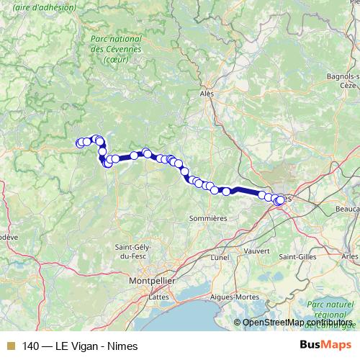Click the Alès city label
pos(207,94)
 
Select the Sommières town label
pos(208,217)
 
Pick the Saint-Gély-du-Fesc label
pos(132,252)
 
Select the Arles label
pos(351,256)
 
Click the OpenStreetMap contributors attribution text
pos(298,323)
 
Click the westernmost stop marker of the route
pos(80,143)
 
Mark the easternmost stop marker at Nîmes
pos(280,201)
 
